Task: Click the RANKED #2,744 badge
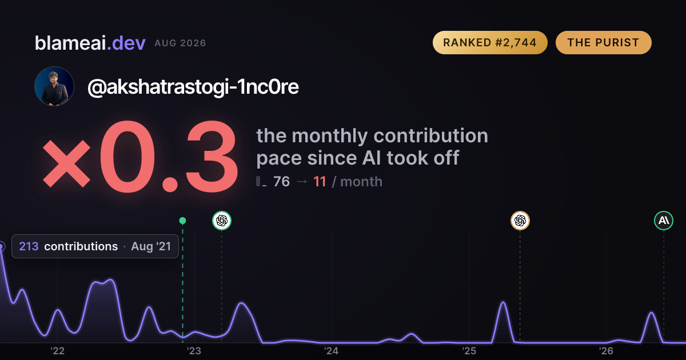(x=490, y=42)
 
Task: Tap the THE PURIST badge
(x=603, y=42)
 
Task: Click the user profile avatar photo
(x=54, y=86)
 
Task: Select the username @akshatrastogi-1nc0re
(x=193, y=87)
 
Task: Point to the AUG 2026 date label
(x=180, y=43)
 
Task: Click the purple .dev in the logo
(x=126, y=43)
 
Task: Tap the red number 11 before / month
(x=320, y=182)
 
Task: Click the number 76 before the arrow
(x=281, y=182)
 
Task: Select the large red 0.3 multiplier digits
(x=169, y=156)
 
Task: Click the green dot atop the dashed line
(x=182, y=221)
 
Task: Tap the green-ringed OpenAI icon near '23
(x=222, y=221)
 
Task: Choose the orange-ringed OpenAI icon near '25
(x=520, y=221)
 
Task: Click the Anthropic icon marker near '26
(x=664, y=221)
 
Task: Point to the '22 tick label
(x=57, y=351)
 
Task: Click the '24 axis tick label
(x=332, y=351)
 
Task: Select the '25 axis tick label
(x=469, y=351)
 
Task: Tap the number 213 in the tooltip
(x=29, y=246)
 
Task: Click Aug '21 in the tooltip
(x=151, y=246)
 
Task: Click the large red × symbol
(x=66, y=164)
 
